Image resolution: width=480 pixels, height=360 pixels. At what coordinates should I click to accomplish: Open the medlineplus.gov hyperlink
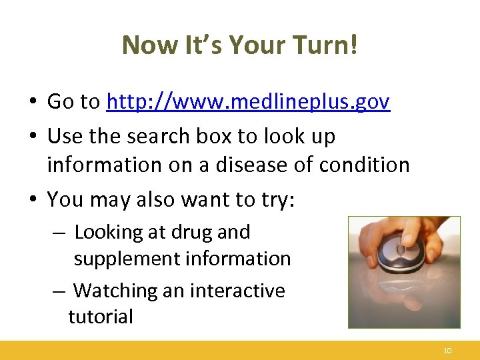coord(248,102)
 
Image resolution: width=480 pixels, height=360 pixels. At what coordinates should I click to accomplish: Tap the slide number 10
coord(447,351)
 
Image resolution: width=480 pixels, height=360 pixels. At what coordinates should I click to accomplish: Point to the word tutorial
coord(101,316)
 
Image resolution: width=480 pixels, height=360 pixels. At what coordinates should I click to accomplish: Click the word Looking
coord(109,232)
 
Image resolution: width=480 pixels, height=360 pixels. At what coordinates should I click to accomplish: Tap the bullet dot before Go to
coord(32,103)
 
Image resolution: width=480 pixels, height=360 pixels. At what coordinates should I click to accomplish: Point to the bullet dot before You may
coord(32,200)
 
